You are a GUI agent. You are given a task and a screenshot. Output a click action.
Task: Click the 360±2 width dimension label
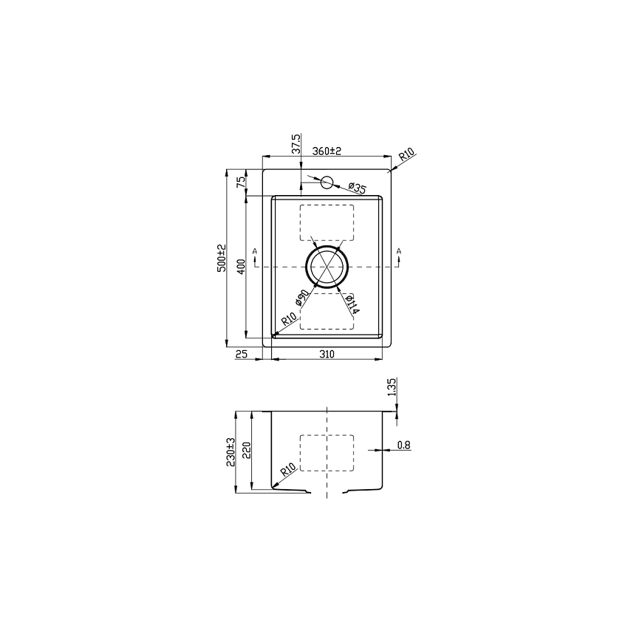click(326, 151)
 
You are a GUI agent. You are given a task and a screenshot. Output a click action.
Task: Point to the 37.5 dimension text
click(296, 143)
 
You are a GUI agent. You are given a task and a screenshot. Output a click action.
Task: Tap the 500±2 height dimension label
click(221, 258)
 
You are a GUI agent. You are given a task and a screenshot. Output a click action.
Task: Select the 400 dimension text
click(240, 266)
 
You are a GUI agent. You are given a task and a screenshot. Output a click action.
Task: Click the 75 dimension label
click(240, 182)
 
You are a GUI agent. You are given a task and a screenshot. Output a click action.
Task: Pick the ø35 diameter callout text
click(357, 188)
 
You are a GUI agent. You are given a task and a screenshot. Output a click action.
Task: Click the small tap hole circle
click(327, 182)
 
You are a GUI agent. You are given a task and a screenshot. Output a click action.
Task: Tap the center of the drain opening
click(327, 267)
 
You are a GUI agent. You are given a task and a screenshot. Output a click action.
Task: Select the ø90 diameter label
click(301, 298)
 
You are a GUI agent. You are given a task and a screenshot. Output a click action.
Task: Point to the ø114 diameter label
click(352, 302)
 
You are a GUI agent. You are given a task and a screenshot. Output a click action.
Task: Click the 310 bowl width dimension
click(327, 355)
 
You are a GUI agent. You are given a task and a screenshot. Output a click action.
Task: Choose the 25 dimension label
click(241, 355)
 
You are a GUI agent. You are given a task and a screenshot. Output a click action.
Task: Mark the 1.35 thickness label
click(392, 387)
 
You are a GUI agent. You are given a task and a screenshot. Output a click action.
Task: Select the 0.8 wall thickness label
click(403, 445)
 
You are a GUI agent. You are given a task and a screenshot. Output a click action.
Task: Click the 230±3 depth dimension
click(231, 451)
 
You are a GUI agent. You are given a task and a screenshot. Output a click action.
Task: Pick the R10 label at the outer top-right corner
click(408, 156)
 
